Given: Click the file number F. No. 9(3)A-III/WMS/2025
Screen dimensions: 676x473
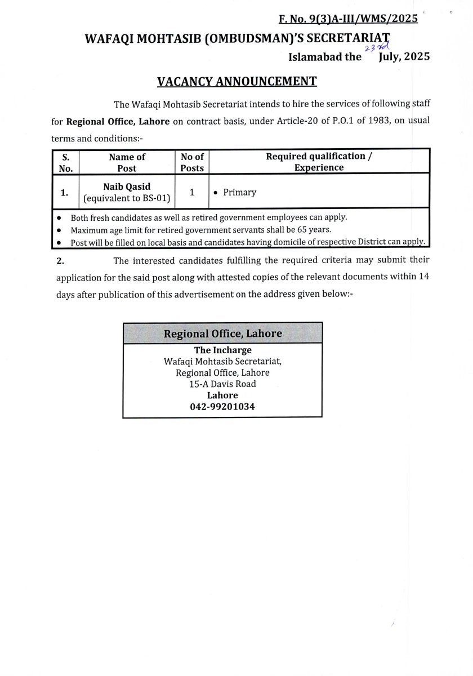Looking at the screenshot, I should click(348, 19).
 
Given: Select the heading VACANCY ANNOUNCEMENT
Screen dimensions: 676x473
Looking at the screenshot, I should click(236, 81).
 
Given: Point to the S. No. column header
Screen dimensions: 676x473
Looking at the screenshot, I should click(65, 162).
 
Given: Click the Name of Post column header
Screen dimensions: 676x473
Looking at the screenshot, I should click(127, 162).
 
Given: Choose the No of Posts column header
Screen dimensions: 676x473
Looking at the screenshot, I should click(192, 162).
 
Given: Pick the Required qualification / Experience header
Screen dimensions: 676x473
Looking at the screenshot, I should click(319, 162).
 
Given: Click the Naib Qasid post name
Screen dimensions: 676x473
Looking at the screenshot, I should click(127, 186).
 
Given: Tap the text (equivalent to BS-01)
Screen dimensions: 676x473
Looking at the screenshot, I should click(127, 198).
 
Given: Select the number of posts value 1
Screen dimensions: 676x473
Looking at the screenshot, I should click(192, 192).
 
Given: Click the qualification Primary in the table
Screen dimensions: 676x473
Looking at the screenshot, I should click(239, 192).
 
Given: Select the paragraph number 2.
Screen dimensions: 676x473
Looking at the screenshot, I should click(60, 260).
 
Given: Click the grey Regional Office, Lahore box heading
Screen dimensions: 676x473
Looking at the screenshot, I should click(222, 333).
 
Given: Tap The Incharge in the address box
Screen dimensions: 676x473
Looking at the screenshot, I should click(222, 350).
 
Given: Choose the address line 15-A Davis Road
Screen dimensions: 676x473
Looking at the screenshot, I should click(222, 384).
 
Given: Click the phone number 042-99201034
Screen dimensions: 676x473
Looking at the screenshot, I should click(222, 406).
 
